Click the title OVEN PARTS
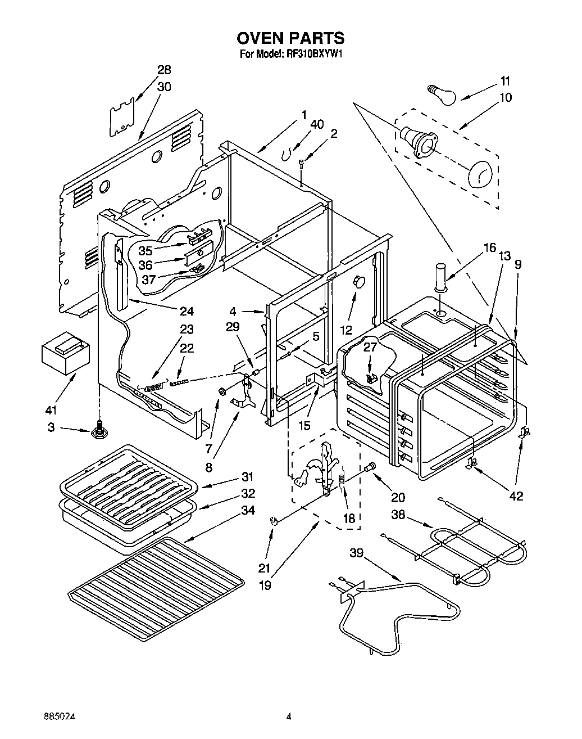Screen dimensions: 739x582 (x=290, y=38)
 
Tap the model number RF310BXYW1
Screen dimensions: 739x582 (x=315, y=55)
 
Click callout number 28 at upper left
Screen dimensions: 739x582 (x=164, y=70)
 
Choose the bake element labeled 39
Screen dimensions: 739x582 (x=393, y=613)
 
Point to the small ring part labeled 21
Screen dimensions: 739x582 (x=274, y=521)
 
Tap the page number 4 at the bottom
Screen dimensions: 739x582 (x=289, y=717)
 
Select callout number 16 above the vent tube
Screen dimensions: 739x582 (x=489, y=248)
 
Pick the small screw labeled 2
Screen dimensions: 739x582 (x=302, y=163)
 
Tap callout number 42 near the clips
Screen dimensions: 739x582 (x=516, y=496)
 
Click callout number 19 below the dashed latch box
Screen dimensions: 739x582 (x=265, y=585)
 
